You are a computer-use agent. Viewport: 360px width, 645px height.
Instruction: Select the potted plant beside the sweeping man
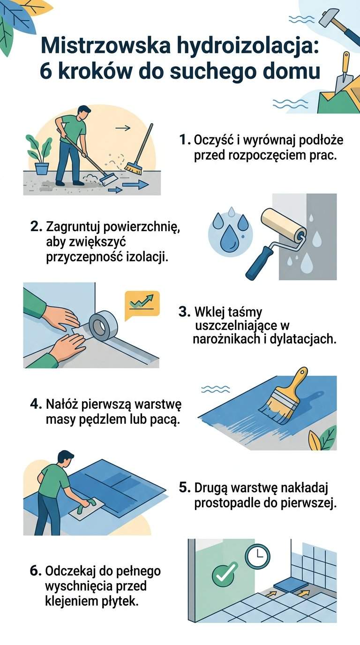(40, 155)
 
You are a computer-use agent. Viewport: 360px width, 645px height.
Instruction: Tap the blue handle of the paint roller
(261, 263)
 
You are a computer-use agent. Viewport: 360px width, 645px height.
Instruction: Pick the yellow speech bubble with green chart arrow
(142, 303)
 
